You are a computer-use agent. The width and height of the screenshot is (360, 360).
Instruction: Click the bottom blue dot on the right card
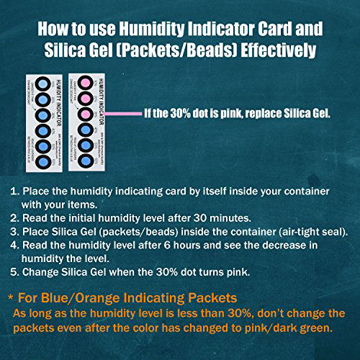click(84, 160)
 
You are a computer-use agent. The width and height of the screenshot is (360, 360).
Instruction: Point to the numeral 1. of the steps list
click(14, 192)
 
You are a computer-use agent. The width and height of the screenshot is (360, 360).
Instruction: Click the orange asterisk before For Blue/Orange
click(10, 297)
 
